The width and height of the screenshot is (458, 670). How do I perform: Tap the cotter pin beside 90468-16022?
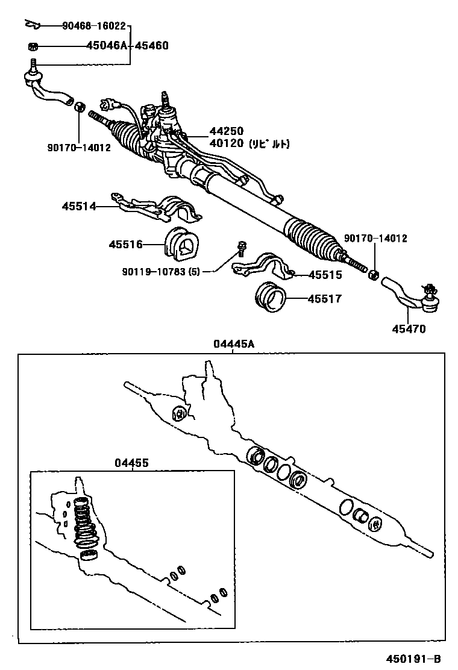pos(32,25)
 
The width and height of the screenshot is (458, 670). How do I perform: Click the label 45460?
pos(151,46)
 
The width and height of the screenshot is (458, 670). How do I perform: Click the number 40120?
pos(226,144)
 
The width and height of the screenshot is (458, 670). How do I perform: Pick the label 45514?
pos(78,206)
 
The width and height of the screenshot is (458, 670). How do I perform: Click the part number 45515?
pos(325,275)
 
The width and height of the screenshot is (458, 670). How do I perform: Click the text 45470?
pos(408,329)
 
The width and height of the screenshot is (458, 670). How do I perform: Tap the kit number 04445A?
pos(233,344)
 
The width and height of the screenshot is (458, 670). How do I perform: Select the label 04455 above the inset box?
pos(131,462)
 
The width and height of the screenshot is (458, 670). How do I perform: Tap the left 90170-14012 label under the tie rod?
pos(79,148)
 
